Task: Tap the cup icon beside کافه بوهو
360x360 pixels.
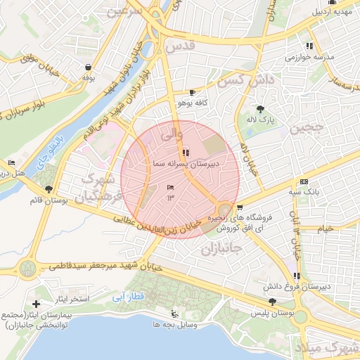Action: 192,93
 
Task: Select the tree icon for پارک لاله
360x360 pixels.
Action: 261,109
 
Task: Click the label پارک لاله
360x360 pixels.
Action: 260,120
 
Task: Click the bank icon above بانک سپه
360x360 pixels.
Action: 304,181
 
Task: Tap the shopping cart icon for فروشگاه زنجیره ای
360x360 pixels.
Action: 240,207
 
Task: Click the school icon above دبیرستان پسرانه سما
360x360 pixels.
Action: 185,152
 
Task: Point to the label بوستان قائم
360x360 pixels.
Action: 49,201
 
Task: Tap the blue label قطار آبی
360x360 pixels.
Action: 128,297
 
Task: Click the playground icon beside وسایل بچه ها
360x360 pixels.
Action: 174,314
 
